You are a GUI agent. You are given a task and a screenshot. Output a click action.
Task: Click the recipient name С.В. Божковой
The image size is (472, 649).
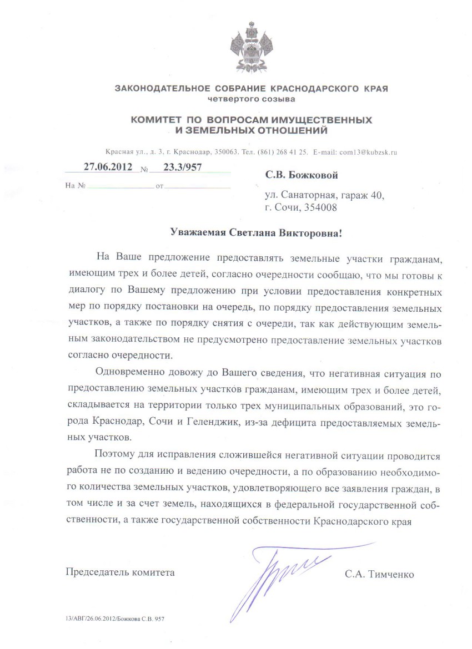[302, 175]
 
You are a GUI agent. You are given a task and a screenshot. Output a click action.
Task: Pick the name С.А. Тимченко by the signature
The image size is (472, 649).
[379, 574]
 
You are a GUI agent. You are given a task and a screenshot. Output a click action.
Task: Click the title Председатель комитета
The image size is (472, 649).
[120, 572]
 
